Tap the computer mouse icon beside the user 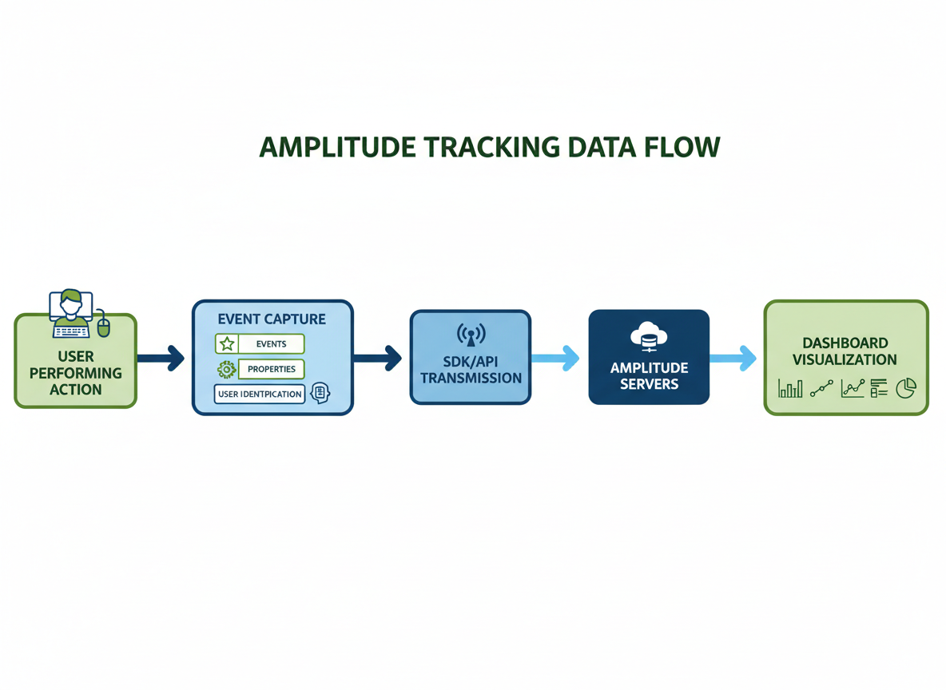click(x=103, y=326)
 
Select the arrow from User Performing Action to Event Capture click(x=161, y=358)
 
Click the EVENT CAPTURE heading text click(x=272, y=319)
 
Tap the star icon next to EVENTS click(x=227, y=344)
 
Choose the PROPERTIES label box click(x=272, y=369)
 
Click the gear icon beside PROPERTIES click(x=226, y=369)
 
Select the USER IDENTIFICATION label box click(x=260, y=394)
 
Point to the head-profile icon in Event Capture click(x=320, y=392)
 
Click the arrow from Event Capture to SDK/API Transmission click(x=378, y=358)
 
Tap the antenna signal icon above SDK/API click(x=471, y=335)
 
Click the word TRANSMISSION click(x=471, y=378)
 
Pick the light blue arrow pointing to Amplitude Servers click(x=556, y=358)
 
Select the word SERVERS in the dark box click(x=649, y=384)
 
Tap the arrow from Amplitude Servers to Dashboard click(x=733, y=358)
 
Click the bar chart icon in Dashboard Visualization click(x=789, y=389)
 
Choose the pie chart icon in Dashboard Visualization click(x=906, y=388)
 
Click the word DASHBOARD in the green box click(x=845, y=343)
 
